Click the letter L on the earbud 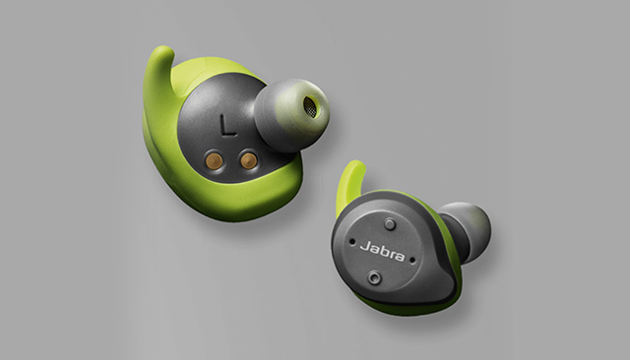228,124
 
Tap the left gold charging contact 213,159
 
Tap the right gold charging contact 248,160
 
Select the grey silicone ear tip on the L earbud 292,114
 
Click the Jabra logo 382,251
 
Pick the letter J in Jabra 364,246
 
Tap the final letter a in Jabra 400,257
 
